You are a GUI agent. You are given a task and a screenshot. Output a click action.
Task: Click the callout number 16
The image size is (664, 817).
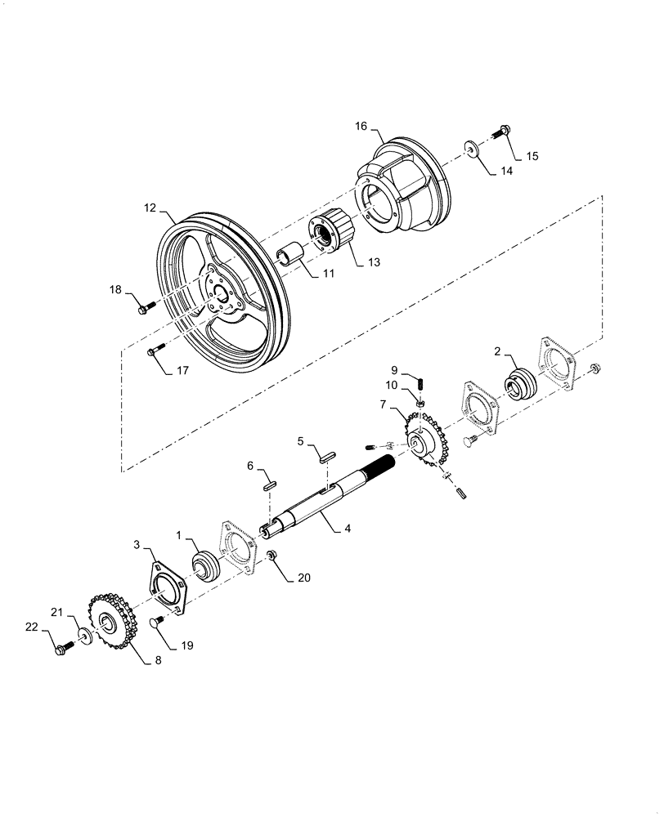361,126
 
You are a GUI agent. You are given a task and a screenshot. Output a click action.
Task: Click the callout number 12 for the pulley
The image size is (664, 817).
150,208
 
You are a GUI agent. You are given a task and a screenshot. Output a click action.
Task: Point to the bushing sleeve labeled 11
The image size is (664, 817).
291,257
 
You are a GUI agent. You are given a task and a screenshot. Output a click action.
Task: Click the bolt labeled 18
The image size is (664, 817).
147,308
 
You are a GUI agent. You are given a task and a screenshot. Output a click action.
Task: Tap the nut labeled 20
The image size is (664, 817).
274,556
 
